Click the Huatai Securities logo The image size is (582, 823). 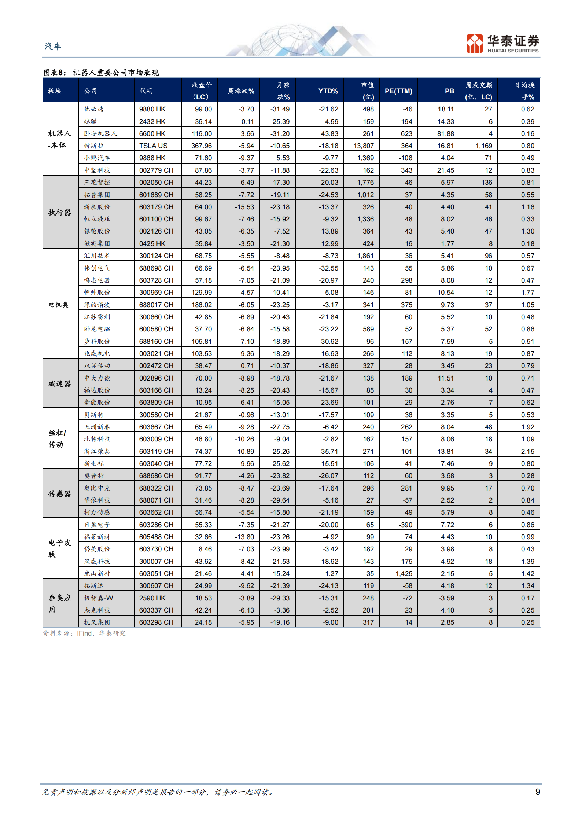[x=502, y=44]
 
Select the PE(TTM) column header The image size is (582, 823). [x=398, y=91]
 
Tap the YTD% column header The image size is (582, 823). [x=328, y=91]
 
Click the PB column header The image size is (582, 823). [x=449, y=91]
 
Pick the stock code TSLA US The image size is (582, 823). [x=153, y=146]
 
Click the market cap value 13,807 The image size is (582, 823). [x=364, y=146]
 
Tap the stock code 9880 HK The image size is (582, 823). [x=152, y=109]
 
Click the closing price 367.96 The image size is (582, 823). [x=202, y=146]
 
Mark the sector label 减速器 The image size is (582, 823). [x=59, y=384]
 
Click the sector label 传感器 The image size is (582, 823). [x=59, y=494]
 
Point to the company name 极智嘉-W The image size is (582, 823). [x=99, y=598]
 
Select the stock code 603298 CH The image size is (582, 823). [x=156, y=622]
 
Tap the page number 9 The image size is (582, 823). [x=538, y=792]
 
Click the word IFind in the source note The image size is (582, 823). [x=84, y=633]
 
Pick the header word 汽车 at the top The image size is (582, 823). [x=53, y=46]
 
